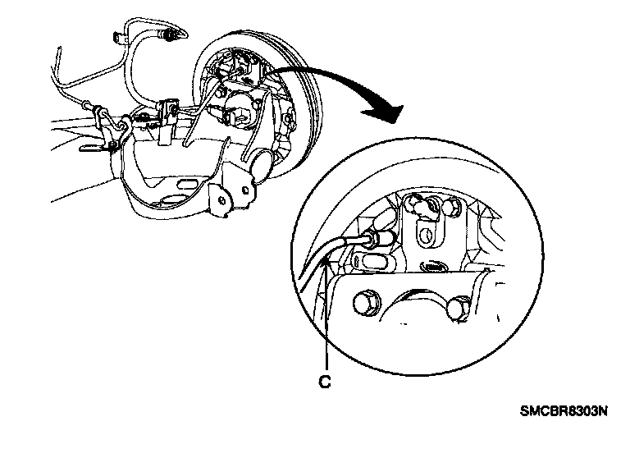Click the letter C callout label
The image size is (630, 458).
(326, 381)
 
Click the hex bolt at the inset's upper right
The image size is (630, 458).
(451, 209)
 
